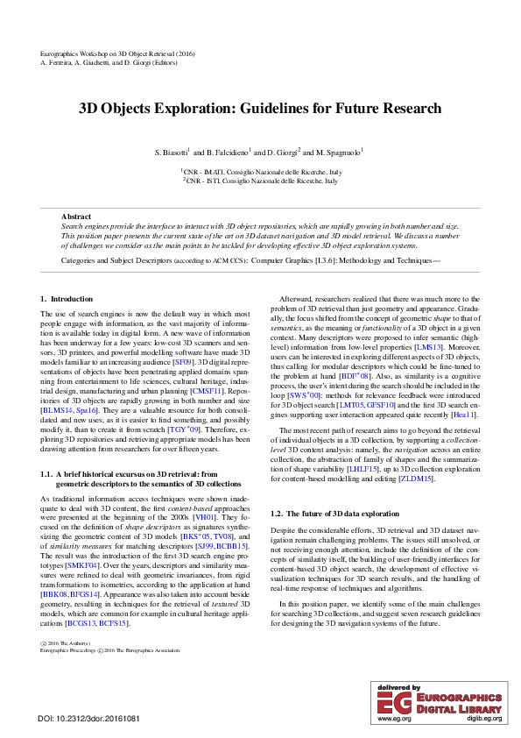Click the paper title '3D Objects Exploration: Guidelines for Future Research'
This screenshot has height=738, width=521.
coord(260,110)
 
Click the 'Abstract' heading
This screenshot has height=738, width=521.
coord(76,216)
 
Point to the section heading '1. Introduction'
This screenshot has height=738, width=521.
coord(67,300)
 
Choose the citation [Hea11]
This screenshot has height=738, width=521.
coord(464,414)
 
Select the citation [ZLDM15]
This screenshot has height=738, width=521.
coord(414,479)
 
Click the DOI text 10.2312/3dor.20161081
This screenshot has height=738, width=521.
coord(99,719)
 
